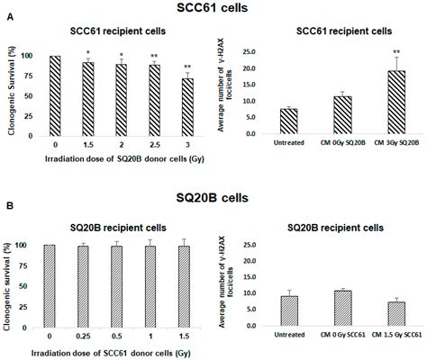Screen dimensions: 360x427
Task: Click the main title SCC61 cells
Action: pyautogui.click(x=213, y=8)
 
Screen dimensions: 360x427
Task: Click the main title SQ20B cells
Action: pyautogui.click(x=213, y=192)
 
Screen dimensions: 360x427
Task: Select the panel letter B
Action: pyautogui.click(x=7, y=205)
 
